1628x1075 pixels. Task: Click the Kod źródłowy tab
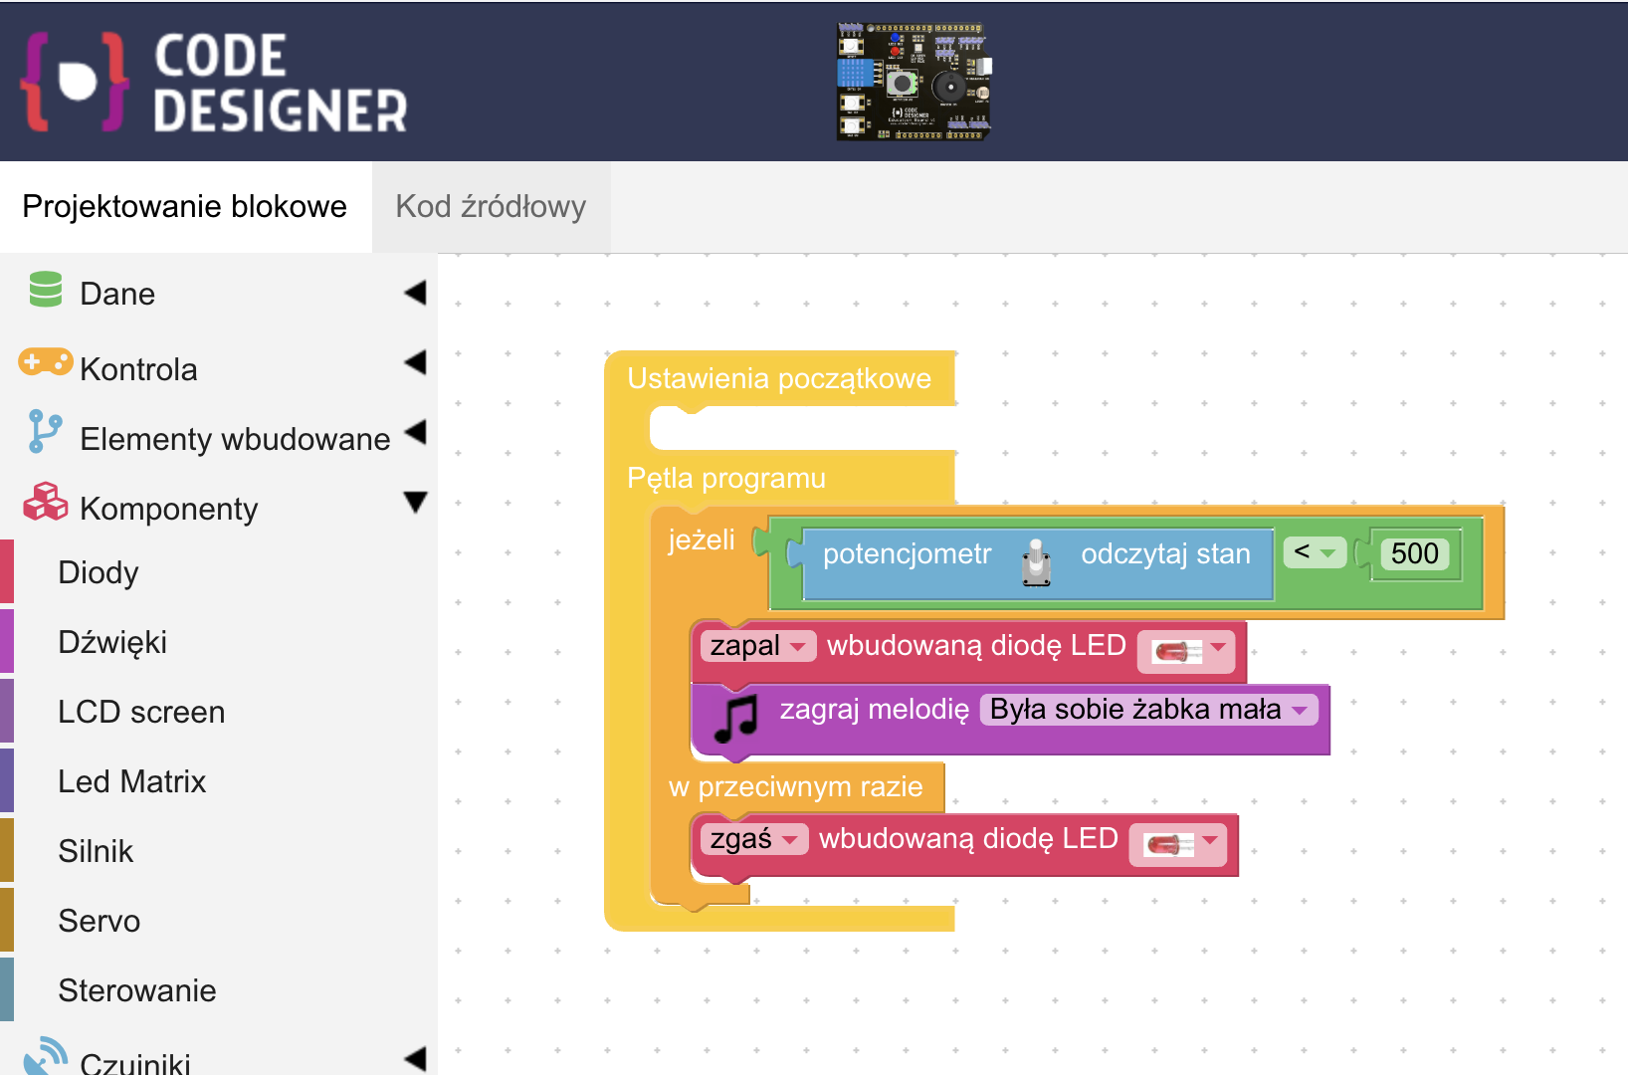491,207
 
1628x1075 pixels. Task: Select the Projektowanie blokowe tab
185,207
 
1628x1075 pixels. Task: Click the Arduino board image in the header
914,82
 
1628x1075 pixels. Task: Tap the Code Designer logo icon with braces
76,82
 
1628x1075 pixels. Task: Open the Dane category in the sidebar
117,294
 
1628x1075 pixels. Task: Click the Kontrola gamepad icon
45,362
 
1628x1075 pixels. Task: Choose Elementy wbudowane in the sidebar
235,439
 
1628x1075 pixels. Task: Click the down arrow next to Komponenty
415,502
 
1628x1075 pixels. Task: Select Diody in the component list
99,572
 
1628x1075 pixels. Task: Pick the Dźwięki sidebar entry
112,642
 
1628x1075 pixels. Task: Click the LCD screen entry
141,712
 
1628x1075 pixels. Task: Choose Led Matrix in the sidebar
132,781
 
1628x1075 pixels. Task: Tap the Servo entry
100,921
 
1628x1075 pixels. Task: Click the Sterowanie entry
137,990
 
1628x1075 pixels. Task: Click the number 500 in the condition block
1414,553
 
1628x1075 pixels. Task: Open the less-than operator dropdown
1314,551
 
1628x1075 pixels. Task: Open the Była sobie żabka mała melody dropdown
1148,710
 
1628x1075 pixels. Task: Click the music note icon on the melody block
736,719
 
